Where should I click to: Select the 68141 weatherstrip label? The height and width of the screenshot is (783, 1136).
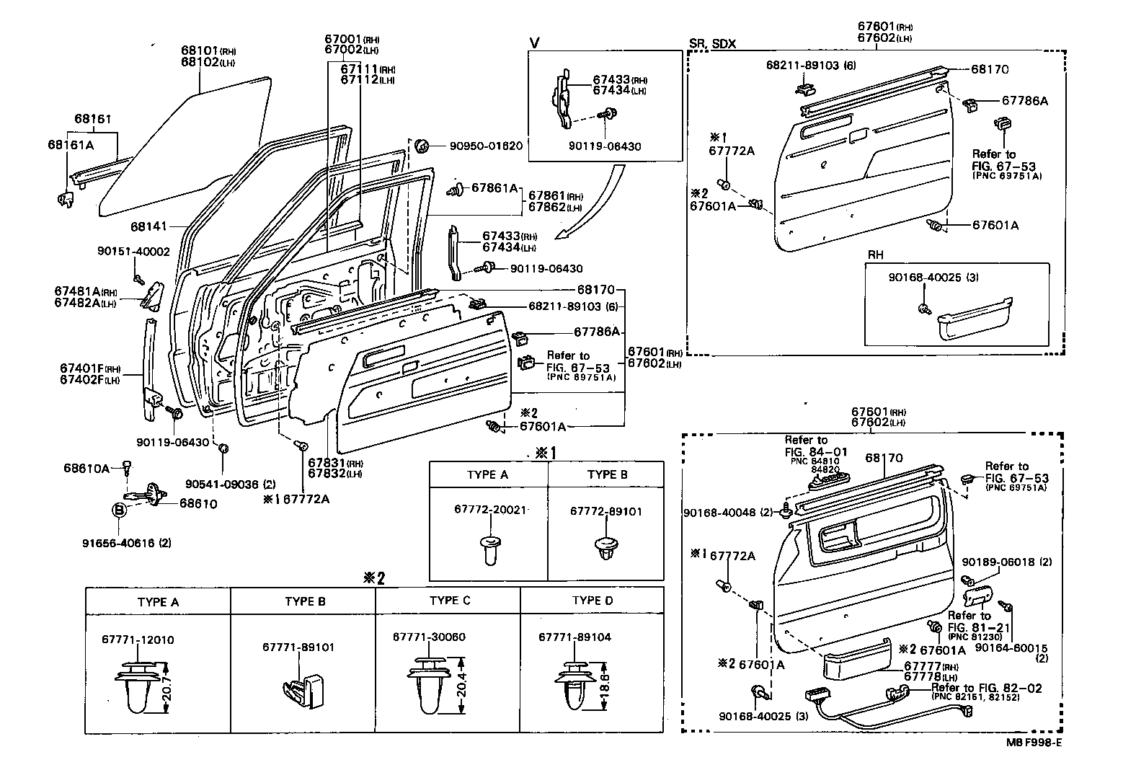148,226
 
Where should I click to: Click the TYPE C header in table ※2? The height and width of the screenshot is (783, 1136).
449,601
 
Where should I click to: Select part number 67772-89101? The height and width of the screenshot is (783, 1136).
606,511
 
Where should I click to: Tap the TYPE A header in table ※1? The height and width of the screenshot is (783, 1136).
487,474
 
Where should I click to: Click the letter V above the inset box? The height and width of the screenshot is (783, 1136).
534,43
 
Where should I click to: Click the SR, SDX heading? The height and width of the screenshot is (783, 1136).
712,43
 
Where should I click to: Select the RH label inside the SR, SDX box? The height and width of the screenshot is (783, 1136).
875,255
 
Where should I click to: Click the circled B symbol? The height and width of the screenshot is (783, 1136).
118,510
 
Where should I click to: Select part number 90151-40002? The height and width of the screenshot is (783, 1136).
133,251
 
